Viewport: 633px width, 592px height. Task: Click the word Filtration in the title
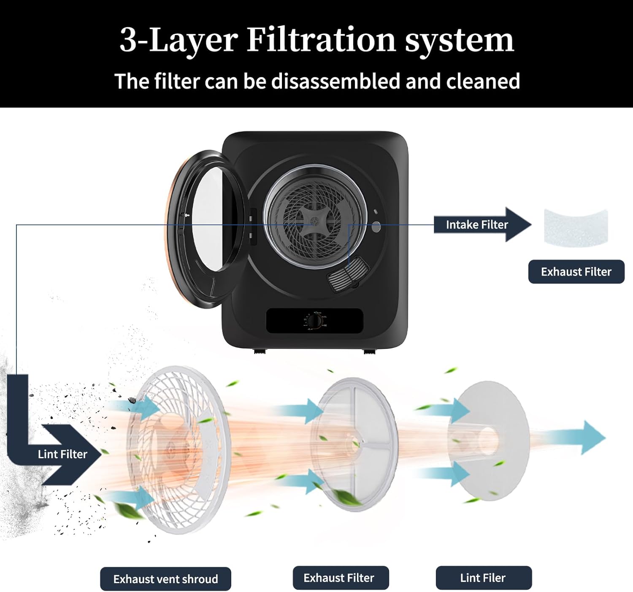click(x=321, y=40)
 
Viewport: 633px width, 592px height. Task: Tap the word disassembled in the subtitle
click(x=338, y=81)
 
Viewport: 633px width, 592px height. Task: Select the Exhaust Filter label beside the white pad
click(x=576, y=272)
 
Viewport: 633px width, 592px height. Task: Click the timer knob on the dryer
click(x=314, y=321)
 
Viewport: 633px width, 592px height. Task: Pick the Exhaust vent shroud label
click(x=165, y=579)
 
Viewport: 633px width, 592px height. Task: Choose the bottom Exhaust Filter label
click(x=341, y=578)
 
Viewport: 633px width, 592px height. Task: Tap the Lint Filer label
click(x=484, y=578)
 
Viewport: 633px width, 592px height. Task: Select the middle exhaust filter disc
click(x=354, y=445)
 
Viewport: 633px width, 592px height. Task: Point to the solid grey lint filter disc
click(x=489, y=441)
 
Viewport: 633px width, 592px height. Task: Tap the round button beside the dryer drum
click(x=376, y=227)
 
